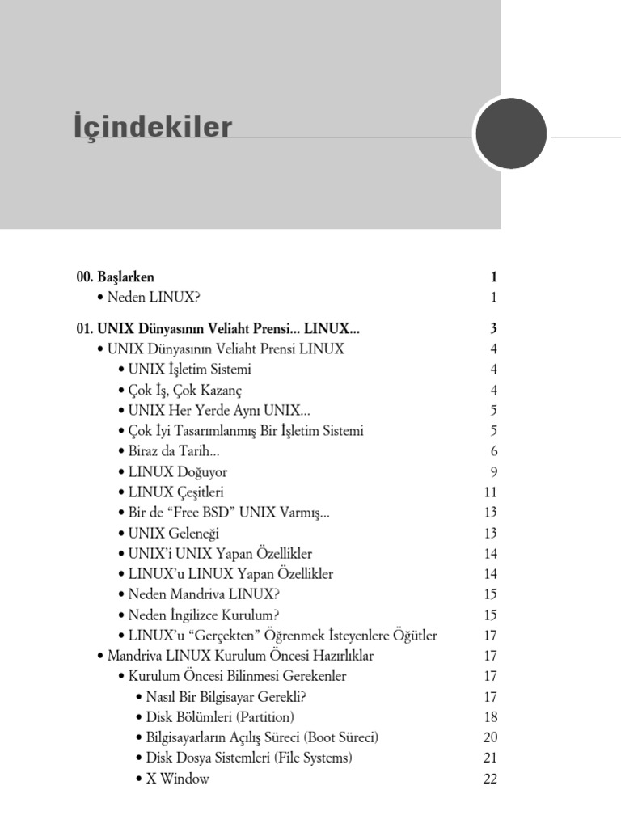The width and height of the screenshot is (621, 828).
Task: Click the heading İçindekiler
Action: (x=153, y=128)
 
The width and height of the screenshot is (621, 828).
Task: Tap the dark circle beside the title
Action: (x=510, y=133)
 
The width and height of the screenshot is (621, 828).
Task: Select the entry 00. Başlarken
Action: (x=116, y=277)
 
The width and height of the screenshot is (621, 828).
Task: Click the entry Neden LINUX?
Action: (x=153, y=298)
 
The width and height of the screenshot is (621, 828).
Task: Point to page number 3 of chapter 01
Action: (x=492, y=329)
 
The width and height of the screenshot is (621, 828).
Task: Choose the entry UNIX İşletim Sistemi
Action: (x=189, y=370)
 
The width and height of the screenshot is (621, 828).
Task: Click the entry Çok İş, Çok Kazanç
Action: (x=185, y=391)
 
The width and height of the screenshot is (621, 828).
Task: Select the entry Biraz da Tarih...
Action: (x=174, y=451)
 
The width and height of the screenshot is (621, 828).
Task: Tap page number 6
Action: (x=493, y=451)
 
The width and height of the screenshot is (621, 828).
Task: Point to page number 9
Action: (x=493, y=471)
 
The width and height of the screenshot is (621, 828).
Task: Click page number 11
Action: (x=490, y=492)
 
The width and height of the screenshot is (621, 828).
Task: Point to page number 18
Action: (x=490, y=717)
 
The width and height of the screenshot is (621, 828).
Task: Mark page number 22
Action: (x=490, y=779)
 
